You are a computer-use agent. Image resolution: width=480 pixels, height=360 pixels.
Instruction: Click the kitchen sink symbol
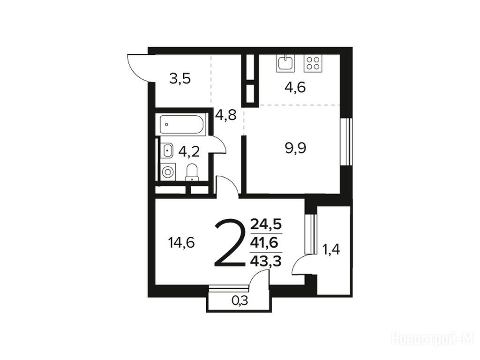285,63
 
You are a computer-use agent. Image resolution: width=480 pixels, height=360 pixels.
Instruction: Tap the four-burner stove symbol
313,63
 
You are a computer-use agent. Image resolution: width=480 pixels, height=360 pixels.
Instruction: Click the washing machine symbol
167,172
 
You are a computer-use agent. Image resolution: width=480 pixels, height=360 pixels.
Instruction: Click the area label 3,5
180,79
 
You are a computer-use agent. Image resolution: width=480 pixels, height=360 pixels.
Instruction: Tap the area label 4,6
295,88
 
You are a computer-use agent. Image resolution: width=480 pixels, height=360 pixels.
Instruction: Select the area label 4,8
226,115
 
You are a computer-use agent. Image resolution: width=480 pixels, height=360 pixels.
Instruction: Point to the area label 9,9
295,149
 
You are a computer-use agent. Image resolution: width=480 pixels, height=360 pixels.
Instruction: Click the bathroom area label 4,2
189,151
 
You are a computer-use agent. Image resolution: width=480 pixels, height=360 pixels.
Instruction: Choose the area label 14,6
181,243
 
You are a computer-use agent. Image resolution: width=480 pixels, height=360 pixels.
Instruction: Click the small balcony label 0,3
240,301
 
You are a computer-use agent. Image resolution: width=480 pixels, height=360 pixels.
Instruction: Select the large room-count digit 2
230,243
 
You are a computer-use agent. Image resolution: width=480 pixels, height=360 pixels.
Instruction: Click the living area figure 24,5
266,225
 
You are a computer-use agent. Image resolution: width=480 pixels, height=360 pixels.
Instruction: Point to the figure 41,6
264,243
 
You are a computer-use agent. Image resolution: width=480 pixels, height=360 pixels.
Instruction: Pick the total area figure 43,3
266,262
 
